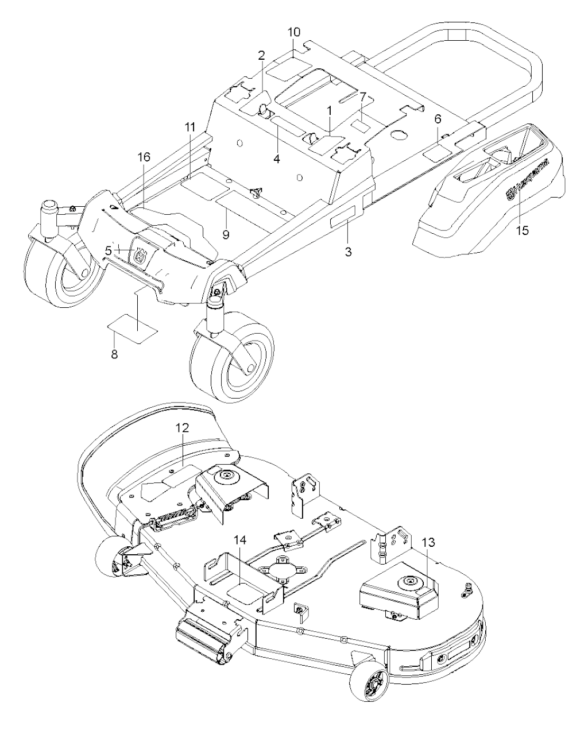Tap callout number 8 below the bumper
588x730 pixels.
(114, 354)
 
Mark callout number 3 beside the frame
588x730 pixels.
(349, 252)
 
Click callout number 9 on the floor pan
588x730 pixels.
(226, 234)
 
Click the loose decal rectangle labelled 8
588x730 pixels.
(132, 332)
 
